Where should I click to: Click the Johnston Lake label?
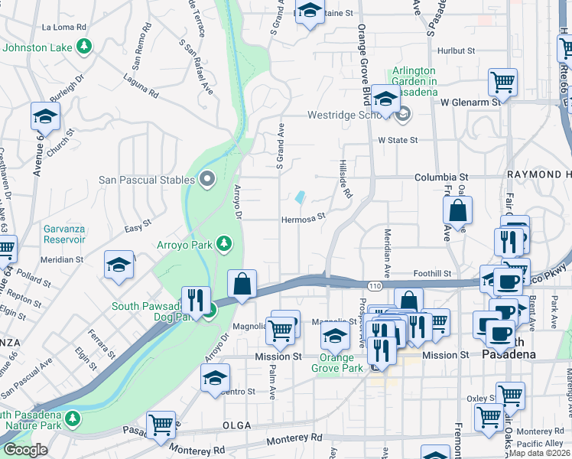37,47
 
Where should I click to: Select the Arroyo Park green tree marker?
224,244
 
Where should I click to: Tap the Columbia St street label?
440,177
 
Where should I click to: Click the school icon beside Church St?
45,116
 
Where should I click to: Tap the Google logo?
25,450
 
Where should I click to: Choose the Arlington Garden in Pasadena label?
414,76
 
